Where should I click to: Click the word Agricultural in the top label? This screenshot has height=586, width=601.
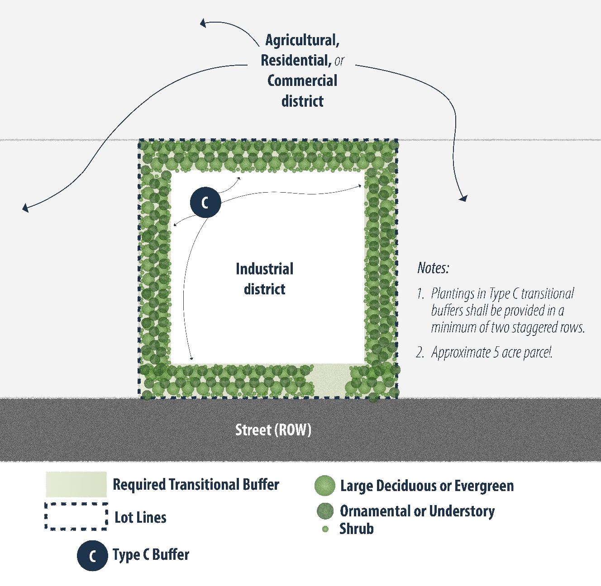coord(302,40)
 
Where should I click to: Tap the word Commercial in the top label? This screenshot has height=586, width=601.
coord(302,80)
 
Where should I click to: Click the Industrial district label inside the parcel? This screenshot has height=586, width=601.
coord(264,279)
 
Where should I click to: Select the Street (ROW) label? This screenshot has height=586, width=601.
coord(273,430)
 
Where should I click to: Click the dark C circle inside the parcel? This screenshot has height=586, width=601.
coord(205,202)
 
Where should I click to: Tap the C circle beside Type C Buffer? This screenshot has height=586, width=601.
coord(92,555)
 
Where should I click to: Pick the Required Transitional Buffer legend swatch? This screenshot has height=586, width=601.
coord(76,484)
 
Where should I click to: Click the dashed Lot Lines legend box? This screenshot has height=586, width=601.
coord(76,516)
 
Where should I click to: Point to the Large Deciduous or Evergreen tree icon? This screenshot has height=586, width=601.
coord(324,486)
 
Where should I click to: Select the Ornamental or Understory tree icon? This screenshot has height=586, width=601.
coord(325,511)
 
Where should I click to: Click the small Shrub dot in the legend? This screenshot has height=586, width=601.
coord(325,529)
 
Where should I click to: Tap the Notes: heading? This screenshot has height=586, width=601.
coord(433,268)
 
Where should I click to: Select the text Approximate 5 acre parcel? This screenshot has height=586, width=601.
coord(491,352)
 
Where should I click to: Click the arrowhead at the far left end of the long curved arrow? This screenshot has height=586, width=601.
coord(25,208)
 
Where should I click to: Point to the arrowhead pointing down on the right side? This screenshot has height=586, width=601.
coord(463,198)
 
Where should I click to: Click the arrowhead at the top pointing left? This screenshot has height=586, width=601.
coord(203,23)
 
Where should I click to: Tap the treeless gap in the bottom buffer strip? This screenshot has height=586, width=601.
coord(329,380)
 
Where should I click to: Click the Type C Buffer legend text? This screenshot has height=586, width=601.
coord(151,555)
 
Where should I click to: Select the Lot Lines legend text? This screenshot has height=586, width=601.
coord(140,517)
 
